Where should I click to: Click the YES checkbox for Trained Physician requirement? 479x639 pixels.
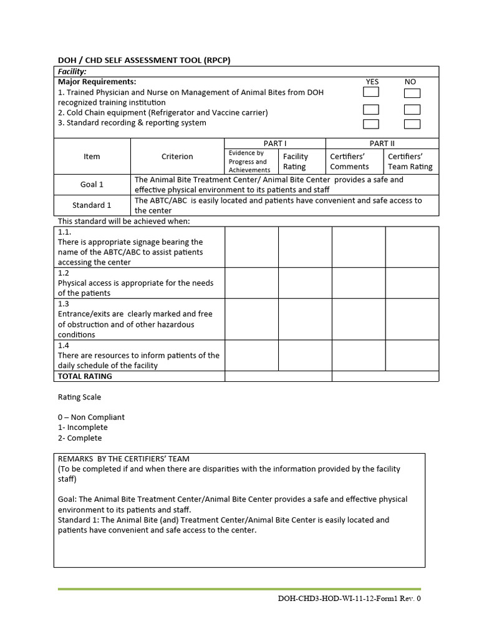coord(371,92)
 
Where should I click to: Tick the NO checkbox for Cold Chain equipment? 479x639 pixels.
coord(412,110)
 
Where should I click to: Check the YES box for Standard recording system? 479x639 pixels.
coord(371,125)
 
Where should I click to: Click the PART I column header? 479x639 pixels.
coord(274,144)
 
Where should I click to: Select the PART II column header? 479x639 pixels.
coord(382,144)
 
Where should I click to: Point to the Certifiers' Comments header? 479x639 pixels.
coord(349,162)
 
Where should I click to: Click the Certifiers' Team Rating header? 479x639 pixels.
coord(410,162)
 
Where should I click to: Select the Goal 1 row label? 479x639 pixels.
coord(92,185)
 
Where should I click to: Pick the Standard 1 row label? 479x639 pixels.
coord(92,205)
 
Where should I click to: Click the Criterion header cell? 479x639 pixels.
coord(177,157)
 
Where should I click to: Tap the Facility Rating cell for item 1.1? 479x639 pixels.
coord(305,247)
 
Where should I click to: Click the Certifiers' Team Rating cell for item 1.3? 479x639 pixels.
coord(412,319)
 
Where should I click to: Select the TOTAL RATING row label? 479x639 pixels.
coord(85,376)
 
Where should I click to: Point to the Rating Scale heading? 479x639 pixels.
coord(79,397)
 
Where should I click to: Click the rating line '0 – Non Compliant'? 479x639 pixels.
coord(91,417)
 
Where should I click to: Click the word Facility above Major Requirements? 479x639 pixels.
coord(72,72)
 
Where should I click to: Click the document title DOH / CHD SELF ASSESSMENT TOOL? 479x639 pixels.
coord(147,60)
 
